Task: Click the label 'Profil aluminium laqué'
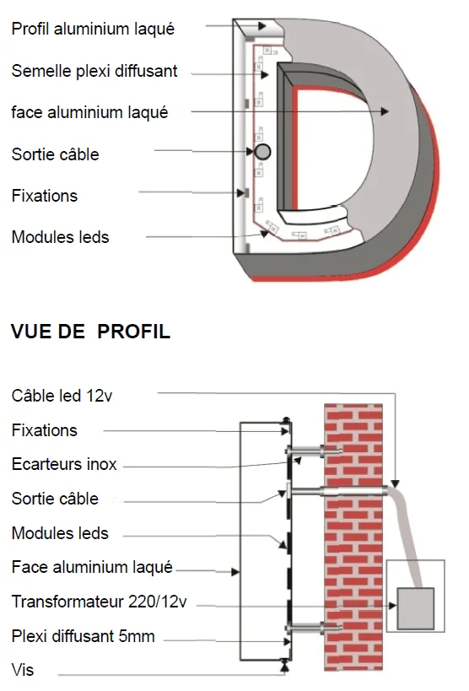pyautogui.click(x=93, y=29)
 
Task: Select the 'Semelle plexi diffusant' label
pyautogui.click(x=94, y=71)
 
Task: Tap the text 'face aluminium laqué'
pyautogui.click(x=89, y=112)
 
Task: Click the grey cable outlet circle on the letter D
pyautogui.click(x=262, y=152)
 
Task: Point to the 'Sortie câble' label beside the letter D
pyautogui.click(x=55, y=154)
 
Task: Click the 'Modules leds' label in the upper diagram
pyautogui.click(x=60, y=237)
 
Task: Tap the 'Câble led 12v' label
pyautogui.click(x=62, y=396)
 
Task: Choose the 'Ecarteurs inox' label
pyautogui.click(x=64, y=464)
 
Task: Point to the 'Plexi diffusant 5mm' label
pyautogui.click(x=84, y=636)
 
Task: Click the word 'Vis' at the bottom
pyautogui.click(x=23, y=671)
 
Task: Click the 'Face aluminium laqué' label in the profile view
pyautogui.click(x=92, y=567)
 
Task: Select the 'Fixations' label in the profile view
pyautogui.click(x=44, y=430)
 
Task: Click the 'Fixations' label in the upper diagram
pyautogui.click(x=44, y=196)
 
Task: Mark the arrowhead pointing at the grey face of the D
pyautogui.click(x=385, y=111)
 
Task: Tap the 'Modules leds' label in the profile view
pyautogui.click(x=60, y=533)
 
